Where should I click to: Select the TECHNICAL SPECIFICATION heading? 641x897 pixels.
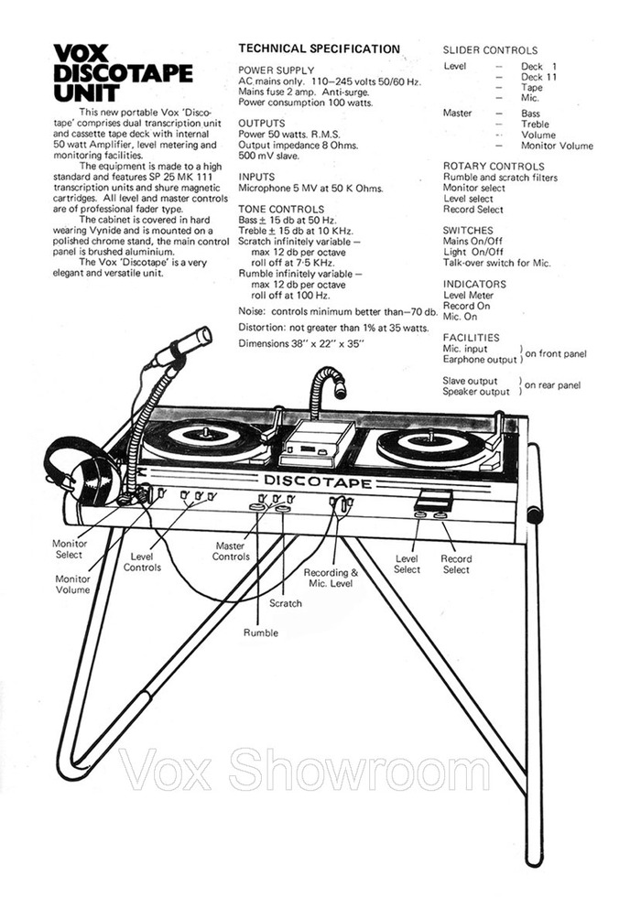(319, 49)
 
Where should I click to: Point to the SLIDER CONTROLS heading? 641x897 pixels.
(490, 50)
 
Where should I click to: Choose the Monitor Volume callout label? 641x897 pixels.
(72, 584)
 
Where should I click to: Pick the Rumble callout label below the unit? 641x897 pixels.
(261, 632)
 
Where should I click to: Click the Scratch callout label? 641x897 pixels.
(286, 603)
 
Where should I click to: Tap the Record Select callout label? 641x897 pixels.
(456, 564)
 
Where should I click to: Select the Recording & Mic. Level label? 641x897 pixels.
(331, 578)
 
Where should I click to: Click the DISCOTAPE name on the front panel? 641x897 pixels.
(318, 481)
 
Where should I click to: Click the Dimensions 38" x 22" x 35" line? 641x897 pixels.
(300, 343)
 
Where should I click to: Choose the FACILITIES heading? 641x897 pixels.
(473, 337)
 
